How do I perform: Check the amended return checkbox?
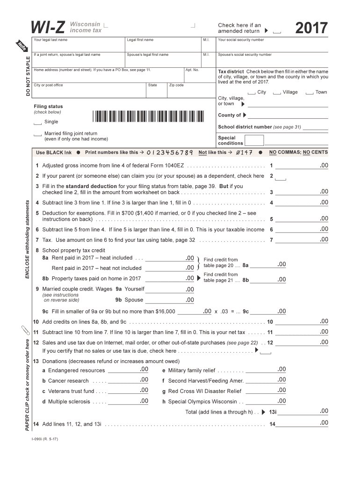click(x=277, y=32)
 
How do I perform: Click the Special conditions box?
click(x=254, y=140)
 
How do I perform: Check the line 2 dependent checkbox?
click(x=281, y=178)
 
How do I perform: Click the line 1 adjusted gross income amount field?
click(x=302, y=166)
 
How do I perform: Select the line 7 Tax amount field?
click(x=302, y=239)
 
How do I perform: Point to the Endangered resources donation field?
click(x=129, y=370)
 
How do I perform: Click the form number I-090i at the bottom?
click(x=42, y=439)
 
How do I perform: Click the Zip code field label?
click(x=176, y=85)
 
